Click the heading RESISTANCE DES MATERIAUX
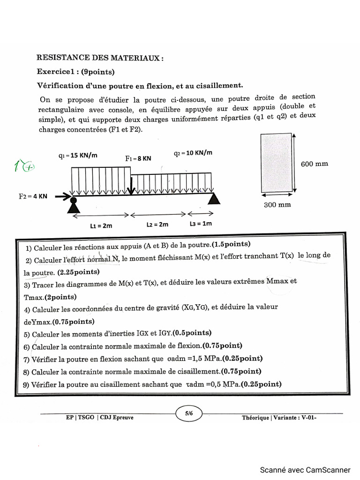[x=100, y=58]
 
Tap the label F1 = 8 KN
[x=138, y=159]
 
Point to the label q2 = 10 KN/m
[x=193, y=153]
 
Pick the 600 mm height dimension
[x=314, y=164]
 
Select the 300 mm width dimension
[x=277, y=204]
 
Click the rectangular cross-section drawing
[x=277, y=163]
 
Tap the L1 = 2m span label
[x=101, y=225]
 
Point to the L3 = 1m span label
[x=201, y=224]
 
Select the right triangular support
[x=214, y=199]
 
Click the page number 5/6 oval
[x=189, y=413]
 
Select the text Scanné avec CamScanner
[x=305, y=470]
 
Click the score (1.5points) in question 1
[x=231, y=244]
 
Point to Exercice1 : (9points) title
[x=75, y=72]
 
